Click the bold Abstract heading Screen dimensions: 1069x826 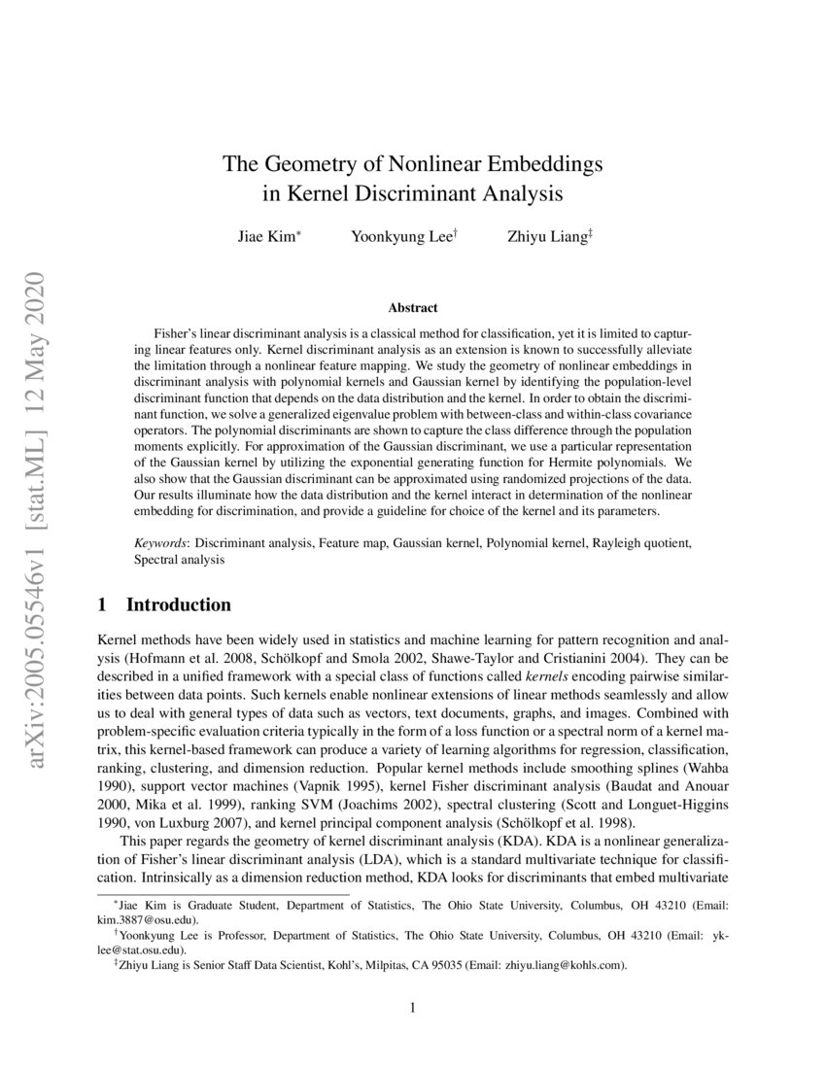413,308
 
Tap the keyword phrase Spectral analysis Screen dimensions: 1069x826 180,561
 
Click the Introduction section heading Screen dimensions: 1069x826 179,605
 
